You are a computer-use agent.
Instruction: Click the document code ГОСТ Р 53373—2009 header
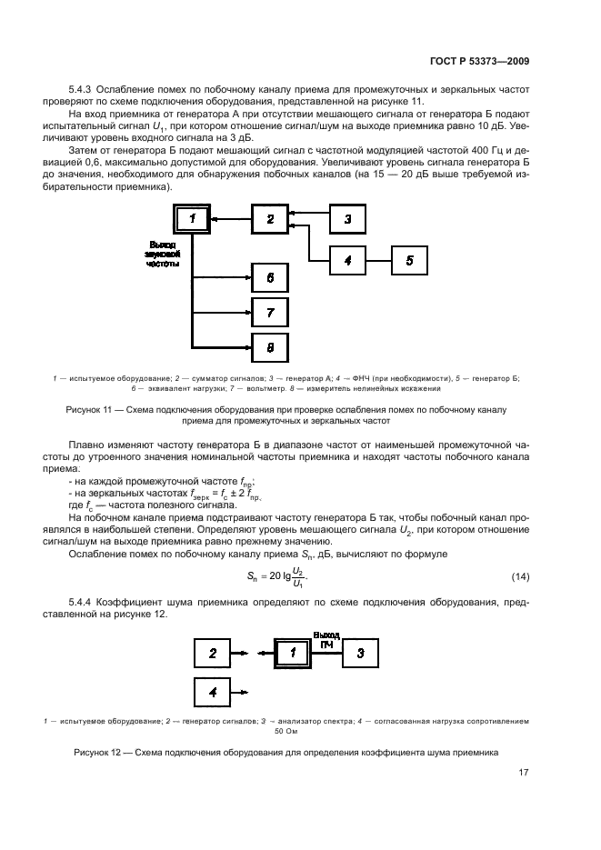click(x=479, y=61)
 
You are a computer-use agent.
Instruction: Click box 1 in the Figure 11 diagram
click(x=192, y=219)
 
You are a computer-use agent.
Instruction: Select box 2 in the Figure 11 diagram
click(x=270, y=219)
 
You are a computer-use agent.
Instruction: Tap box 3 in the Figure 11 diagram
click(x=347, y=219)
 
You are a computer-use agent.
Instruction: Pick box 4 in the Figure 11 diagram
click(x=347, y=260)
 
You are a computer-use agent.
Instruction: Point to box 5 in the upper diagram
click(x=410, y=260)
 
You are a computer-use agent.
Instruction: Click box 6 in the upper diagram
click(x=270, y=278)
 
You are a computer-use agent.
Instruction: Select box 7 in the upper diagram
click(x=270, y=312)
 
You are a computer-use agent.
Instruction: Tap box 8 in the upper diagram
click(x=270, y=347)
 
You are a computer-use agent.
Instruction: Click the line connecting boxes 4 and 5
click(x=379, y=260)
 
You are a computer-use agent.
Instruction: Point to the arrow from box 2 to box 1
click(x=231, y=219)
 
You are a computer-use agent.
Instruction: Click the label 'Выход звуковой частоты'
click(x=163, y=254)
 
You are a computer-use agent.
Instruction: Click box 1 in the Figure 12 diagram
click(x=293, y=653)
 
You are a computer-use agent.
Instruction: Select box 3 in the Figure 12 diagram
click(x=360, y=653)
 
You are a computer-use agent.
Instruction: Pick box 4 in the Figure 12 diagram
click(x=213, y=692)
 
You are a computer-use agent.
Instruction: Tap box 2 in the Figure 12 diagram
click(x=213, y=653)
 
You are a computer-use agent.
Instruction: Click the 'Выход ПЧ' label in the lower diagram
click(x=326, y=640)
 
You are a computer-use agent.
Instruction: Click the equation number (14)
click(x=520, y=576)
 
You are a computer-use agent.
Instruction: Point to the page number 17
click(x=523, y=772)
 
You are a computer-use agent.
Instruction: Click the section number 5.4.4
click(x=81, y=602)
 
